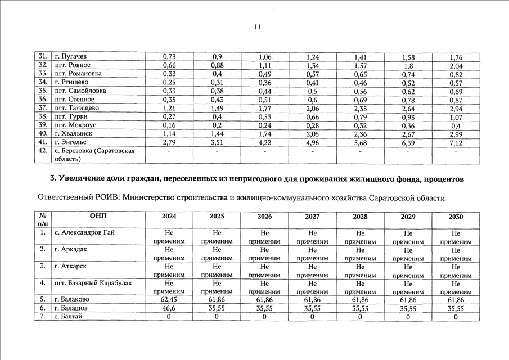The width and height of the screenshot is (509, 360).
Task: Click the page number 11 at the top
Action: (x=258, y=27)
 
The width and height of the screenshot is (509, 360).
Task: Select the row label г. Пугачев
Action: (x=70, y=57)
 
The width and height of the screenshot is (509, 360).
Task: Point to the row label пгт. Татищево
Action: (x=76, y=108)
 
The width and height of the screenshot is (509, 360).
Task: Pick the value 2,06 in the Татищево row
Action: (x=312, y=108)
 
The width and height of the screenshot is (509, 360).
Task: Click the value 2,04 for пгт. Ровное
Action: (x=456, y=65)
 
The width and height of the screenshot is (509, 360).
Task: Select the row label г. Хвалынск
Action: (x=73, y=134)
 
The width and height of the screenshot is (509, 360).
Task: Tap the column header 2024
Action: (x=169, y=217)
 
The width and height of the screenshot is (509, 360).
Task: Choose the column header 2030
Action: (x=456, y=217)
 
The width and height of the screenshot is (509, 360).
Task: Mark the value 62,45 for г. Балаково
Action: (x=169, y=300)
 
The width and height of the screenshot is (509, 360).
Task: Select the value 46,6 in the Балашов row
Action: (x=169, y=308)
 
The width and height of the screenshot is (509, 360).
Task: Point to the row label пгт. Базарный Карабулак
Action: (x=93, y=283)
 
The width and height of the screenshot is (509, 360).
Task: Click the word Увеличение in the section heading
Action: (x=84, y=179)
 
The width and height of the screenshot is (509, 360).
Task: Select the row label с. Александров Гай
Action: (x=84, y=233)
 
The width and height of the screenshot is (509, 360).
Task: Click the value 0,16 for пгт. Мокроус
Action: (x=169, y=125)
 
